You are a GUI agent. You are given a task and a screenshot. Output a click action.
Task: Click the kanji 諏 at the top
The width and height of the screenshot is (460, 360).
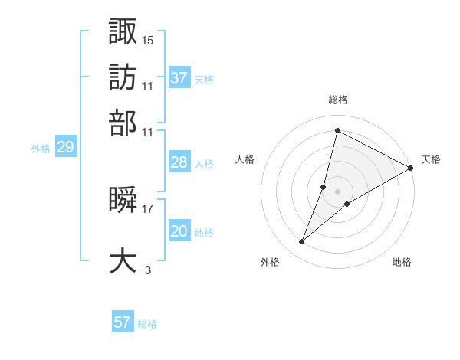click(123, 31)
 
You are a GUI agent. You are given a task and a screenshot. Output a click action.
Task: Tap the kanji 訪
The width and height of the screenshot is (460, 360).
click(123, 77)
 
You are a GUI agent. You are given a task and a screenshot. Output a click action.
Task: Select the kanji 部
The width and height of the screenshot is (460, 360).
click(123, 123)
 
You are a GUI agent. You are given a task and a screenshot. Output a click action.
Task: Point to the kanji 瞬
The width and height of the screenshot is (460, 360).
click(123, 201)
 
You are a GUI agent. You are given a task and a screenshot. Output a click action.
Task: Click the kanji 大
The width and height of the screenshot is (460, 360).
click(123, 260)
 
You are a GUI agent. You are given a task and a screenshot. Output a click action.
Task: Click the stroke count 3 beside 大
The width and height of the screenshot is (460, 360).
click(148, 269)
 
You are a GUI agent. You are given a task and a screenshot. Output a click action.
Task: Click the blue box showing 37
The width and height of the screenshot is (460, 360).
click(179, 77)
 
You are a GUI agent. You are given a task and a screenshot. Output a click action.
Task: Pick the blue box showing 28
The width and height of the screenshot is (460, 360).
click(179, 162)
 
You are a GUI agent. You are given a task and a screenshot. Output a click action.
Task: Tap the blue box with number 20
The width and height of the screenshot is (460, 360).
click(179, 231)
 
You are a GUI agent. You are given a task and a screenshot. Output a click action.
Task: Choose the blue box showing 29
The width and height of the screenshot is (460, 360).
click(65, 148)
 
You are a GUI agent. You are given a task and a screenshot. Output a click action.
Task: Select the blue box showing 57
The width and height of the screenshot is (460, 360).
click(123, 322)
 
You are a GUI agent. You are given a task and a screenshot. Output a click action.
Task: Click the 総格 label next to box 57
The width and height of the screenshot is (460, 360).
click(147, 324)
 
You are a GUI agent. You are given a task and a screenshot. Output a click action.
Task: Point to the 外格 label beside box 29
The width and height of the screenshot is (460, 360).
click(41, 149)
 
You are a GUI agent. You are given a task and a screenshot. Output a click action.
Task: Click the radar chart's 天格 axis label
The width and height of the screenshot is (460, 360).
click(431, 159)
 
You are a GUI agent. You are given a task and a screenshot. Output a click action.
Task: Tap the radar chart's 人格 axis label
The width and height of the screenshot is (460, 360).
click(245, 159)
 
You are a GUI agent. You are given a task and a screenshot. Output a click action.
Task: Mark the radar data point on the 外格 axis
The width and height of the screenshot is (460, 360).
click(302, 242)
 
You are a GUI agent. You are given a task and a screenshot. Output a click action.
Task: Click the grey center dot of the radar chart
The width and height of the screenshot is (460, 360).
click(338, 191)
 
